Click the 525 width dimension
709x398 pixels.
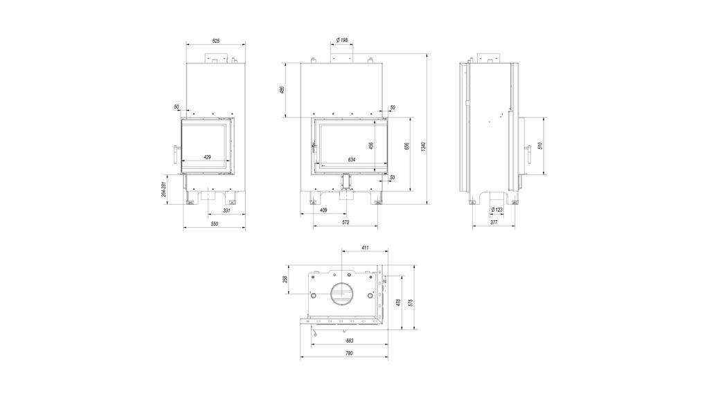click(215, 42)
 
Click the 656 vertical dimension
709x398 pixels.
click(407, 147)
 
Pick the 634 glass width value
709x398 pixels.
click(351, 159)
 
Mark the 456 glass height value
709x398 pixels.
click(371, 145)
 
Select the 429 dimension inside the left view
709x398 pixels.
click(207, 157)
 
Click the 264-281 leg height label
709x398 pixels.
click(163, 189)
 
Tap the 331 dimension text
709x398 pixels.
click(226, 211)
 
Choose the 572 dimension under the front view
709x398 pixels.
click(345, 223)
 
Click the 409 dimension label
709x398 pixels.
click(323, 211)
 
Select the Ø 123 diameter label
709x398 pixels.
click(496, 210)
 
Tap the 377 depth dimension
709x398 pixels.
click(494, 223)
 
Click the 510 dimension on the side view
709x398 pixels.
click(539, 145)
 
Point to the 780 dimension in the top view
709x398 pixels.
click(348, 354)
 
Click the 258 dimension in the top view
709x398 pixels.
click(285, 280)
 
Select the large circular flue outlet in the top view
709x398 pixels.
click(341, 293)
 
